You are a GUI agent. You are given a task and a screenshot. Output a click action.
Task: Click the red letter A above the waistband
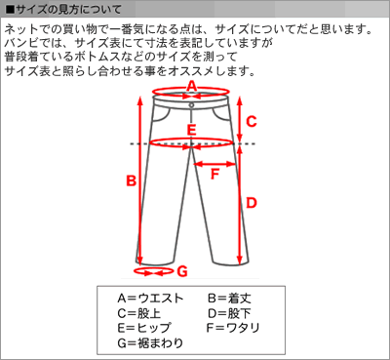click(x=192, y=87)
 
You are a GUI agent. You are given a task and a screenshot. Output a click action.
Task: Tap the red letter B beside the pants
click(x=131, y=180)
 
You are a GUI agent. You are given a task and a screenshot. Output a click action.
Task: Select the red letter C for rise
click(x=252, y=122)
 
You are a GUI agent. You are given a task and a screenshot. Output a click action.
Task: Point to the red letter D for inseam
click(x=252, y=203)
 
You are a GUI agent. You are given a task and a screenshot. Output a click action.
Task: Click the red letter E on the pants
click(x=192, y=130)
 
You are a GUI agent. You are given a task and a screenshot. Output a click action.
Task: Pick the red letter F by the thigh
click(x=214, y=175)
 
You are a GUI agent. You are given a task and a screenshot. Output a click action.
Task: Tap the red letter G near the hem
click(x=182, y=271)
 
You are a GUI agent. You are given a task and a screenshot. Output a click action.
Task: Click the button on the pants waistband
click(x=191, y=105)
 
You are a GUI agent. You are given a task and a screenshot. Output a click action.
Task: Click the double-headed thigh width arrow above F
click(x=214, y=164)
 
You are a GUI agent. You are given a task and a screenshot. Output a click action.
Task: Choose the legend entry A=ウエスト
click(x=150, y=299)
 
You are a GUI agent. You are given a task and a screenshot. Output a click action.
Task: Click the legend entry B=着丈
click(x=229, y=299)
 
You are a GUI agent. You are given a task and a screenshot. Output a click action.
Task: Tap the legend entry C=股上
click(x=139, y=313)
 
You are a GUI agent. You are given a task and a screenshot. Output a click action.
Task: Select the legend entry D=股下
click(x=229, y=313)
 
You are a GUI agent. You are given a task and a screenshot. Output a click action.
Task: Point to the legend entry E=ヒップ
click(x=143, y=328)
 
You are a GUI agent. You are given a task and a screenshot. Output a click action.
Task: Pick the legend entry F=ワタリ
click(x=233, y=328)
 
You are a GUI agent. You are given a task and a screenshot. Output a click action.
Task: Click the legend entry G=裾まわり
click(x=150, y=343)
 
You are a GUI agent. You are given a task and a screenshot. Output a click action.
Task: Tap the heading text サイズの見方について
click(x=69, y=10)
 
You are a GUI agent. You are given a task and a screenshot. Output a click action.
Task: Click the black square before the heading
click(x=10, y=10)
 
